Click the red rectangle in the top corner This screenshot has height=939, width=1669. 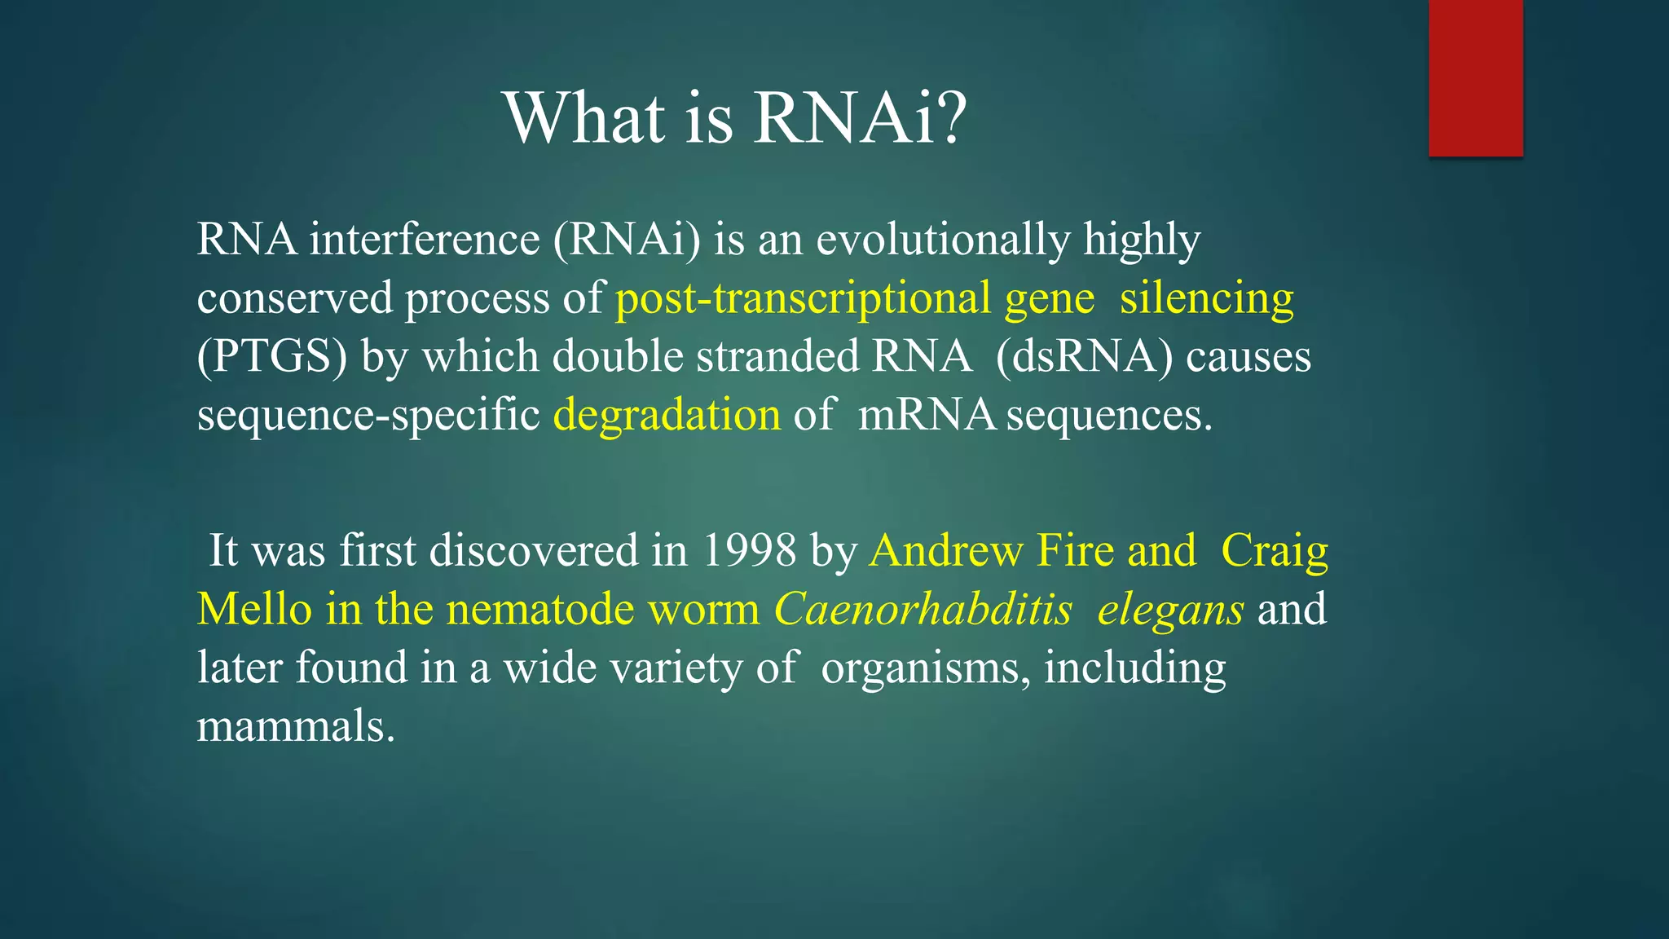click(x=1475, y=77)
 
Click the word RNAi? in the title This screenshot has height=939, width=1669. click(x=860, y=118)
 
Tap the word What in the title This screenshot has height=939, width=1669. click(x=584, y=118)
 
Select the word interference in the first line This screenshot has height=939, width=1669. click(x=424, y=240)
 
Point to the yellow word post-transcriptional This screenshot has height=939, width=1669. click(x=803, y=298)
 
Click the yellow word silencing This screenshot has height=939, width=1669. click(x=1206, y=298)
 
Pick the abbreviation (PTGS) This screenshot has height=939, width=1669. click(x=272, y=357)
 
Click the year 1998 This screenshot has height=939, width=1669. click(x=749, y=550)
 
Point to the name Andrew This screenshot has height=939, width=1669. click(x=945, y=550)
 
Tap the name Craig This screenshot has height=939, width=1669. click(x=1275, y=550)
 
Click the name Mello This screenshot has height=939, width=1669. click(x=254, y=609)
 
